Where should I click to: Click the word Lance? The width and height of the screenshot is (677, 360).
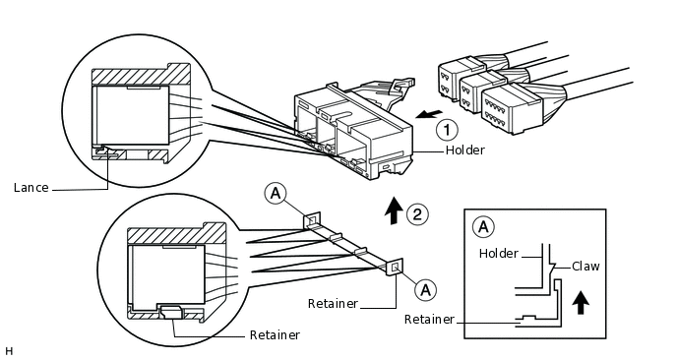[31, 188]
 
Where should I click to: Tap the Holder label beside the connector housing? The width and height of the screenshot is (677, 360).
[465, 150]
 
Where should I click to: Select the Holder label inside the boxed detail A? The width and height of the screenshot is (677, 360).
[498, 254]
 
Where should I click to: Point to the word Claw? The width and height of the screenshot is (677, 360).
[585, 267]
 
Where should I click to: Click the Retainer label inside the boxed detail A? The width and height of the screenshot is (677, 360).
[429, 320]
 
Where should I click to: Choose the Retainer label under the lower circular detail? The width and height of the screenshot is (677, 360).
[275, 335]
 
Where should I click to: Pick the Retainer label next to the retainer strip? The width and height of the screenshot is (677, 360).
[333, 304]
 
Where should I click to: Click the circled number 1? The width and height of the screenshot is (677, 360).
[447, 130]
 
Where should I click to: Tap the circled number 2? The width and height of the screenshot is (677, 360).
[417, 214]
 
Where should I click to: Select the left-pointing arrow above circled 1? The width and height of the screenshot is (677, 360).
[429, 114]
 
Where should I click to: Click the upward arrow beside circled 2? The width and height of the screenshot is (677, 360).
[394, 210]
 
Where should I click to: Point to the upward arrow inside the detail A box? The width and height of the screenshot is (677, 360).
[581, 302]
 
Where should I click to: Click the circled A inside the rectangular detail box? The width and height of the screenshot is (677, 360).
[483, 226]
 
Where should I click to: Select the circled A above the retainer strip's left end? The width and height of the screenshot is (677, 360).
[276, 194]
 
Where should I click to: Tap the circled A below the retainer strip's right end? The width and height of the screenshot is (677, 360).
[425, 289]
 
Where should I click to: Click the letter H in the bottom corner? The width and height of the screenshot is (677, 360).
[9, 351]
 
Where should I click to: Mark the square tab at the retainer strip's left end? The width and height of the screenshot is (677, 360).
[312, 221]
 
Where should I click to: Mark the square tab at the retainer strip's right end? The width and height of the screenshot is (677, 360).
[395, 268]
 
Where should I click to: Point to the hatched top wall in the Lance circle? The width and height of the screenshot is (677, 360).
[141, 75]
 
